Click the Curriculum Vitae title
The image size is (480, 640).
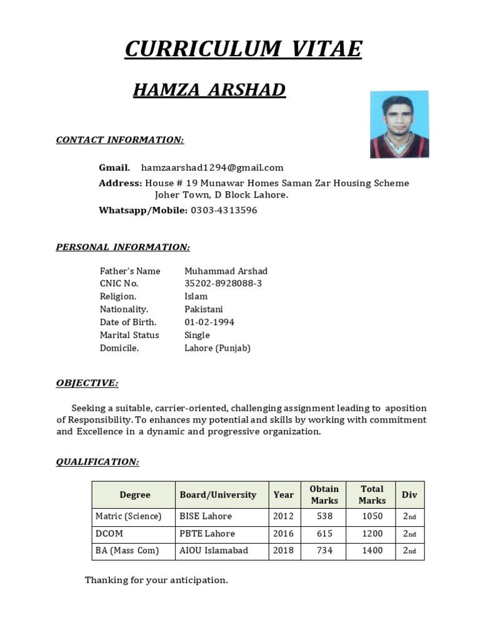tap(242, 49)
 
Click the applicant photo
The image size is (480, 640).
tap(399, 124)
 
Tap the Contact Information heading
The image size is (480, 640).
tap(120, 139)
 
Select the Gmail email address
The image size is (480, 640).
tap(212, 167)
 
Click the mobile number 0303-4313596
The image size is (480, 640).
tap(223, 211)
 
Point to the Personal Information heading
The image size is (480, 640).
tap(122, 247)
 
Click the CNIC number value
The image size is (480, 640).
tap(223, 284)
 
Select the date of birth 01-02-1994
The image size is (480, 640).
tap(209, 322)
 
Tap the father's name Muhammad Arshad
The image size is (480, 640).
tap(226, 271)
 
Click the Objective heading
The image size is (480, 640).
tap(87, 382)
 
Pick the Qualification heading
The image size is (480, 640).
tap(97, 462)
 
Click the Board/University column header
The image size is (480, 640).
tap(218, 495)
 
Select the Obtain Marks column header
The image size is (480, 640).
tap(324, 495)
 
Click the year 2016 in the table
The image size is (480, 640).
tap(283, 534)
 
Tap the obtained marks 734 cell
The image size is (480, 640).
tap(324, 551)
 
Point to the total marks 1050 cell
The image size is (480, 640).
tap(372, 517)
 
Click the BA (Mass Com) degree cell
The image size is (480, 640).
tap(127, 551)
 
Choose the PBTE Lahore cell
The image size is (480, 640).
tap(207, 534)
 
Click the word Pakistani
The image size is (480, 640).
tap(203, 309)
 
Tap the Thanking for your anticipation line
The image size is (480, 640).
tap(156, 581)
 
